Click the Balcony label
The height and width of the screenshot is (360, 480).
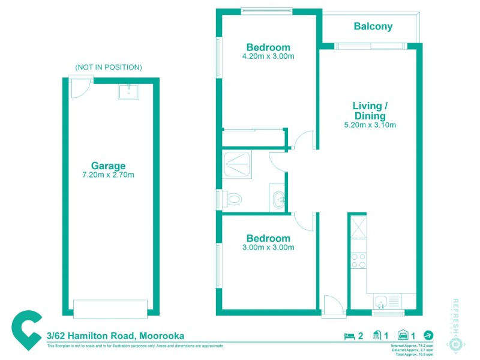click(373, 26)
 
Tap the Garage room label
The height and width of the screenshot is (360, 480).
click(108, 166)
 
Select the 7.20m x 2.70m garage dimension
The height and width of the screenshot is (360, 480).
click(108, 175)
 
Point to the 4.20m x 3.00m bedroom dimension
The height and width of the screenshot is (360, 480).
click(268, 56)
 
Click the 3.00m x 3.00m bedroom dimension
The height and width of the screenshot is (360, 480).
click(268, 247)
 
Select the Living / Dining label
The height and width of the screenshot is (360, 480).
click(370, 111)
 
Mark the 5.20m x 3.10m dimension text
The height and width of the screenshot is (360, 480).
click(370, 125)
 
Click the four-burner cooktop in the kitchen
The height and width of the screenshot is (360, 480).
click(358, 261)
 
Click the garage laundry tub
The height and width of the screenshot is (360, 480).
click(128, 91)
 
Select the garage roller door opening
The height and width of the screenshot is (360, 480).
click(110, 308)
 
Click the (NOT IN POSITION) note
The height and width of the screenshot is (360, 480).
click(109, 67)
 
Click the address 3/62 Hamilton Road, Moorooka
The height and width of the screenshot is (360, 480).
click(115, 336)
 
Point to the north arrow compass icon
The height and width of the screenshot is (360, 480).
click(428, 335)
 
